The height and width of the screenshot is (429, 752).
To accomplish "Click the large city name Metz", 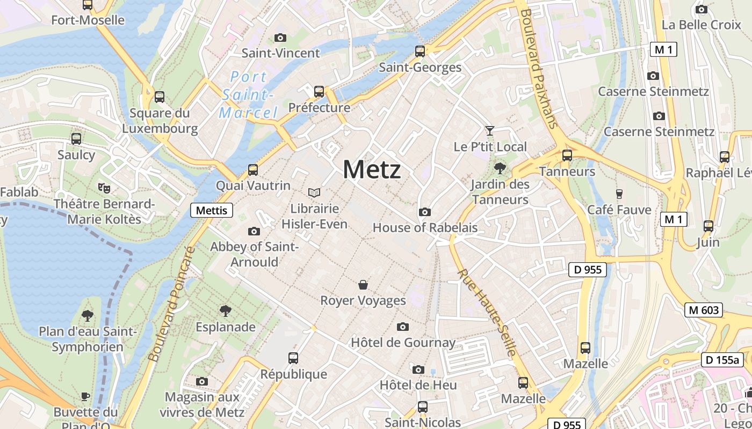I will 372,170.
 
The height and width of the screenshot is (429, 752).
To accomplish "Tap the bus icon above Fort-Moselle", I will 88,5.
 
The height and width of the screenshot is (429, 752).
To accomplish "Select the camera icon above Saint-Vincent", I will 280,38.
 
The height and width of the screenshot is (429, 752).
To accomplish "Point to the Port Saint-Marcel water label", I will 248,95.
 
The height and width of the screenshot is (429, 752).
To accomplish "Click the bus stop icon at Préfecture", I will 319,92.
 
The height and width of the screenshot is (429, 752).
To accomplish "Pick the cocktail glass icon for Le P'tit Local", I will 489,130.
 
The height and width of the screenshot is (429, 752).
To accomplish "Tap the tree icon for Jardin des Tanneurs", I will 500,168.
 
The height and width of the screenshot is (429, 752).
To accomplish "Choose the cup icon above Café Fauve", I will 619,194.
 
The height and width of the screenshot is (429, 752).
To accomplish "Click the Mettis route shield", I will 212,210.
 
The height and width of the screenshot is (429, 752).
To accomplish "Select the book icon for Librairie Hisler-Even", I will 314,193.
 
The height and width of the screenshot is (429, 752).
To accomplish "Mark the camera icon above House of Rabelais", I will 425,212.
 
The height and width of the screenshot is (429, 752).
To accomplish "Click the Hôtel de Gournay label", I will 403,342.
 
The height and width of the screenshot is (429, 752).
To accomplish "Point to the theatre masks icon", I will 104,188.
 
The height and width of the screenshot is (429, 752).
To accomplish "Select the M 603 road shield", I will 704,310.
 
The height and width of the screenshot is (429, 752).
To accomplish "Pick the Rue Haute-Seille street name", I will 487,313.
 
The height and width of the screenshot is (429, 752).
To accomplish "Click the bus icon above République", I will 293,358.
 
